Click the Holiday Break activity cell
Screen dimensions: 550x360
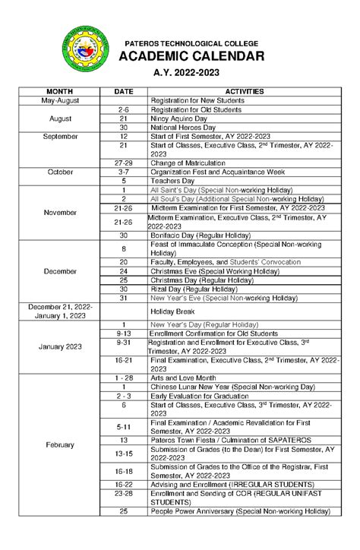pyautogui.click(x=173, y=311)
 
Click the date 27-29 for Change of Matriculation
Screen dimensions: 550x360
pyautogui.click(x=123, y=163)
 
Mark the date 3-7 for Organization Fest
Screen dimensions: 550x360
pyautogui.click(x=123, y=172)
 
